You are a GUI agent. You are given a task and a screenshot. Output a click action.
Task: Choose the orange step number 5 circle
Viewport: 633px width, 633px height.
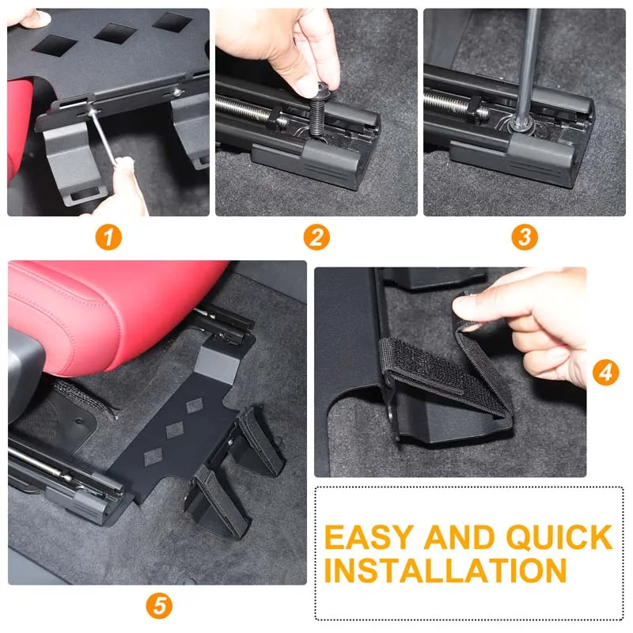[x=159, y=607]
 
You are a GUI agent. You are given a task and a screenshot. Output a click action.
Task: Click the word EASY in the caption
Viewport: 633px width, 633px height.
[x=369, y=537]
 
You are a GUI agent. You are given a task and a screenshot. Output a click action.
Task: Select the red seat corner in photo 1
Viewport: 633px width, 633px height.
[x=20, y=142]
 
